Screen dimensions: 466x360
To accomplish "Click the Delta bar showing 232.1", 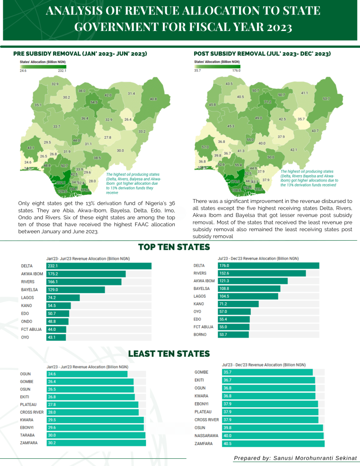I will [x=99, y=266].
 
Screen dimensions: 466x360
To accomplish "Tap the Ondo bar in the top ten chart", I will [x=57, y=322].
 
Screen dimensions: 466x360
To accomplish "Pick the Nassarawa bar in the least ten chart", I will [x=273, y=436].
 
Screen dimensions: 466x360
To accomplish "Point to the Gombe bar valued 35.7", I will [x=267, y=372].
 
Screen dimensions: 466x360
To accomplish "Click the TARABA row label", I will [x=28, y=435].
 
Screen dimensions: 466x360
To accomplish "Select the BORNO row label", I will [x=200, y=334].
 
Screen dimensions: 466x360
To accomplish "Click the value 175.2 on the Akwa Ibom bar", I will [x=54, y=274].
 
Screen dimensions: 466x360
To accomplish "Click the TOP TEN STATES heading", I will [x=174, y=247].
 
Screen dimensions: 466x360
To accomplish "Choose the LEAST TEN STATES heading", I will [x=169, y=354].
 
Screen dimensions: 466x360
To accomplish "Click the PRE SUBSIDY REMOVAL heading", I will [x=80, y=54].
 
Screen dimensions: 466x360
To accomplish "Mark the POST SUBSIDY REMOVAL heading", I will [x=262, y=54].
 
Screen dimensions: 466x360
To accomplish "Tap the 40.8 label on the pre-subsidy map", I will [x=153, y=99].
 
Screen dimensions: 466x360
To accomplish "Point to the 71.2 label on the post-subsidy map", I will [x=267, y=102].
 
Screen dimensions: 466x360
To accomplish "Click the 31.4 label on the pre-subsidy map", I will [x=131, y=94].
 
